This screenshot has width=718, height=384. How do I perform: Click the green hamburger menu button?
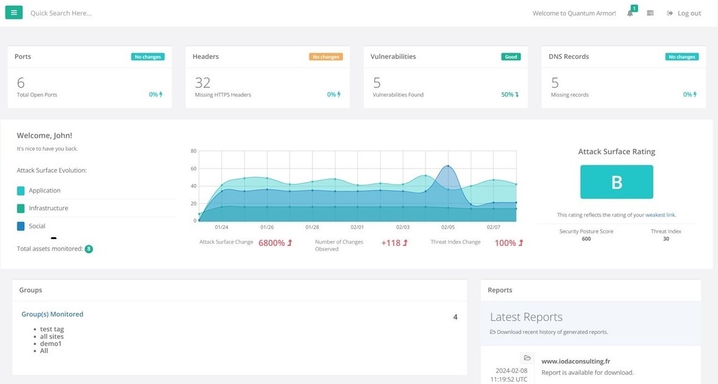click(x=14, y=12)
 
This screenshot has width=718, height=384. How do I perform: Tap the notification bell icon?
click(x=630, y=13)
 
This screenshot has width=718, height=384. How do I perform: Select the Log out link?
click(x=685, y=13)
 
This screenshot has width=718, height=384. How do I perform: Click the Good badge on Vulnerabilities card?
click(x=511, y=57)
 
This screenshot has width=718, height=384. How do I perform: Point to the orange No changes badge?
click(x=326, y=57)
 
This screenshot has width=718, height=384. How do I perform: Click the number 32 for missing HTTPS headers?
click(x=203, y=83)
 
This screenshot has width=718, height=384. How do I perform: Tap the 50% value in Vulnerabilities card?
click(x=507, y=95)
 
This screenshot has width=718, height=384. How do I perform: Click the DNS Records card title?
click(x=569, y=56)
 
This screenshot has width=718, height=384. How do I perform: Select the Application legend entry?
click(x=45, y=191)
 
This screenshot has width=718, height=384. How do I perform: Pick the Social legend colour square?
click(x=21, y=227)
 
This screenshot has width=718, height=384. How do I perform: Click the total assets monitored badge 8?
click(x=89, y=249)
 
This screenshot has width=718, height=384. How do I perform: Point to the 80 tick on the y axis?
click(x=193, y=151)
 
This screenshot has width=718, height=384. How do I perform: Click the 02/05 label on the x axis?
click(x=448, y=227)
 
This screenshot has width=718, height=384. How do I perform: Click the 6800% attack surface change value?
click(x=272, y=243)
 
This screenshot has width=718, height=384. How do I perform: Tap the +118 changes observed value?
click(x=391, y=243)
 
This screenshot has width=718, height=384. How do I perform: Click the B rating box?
click(x=616, y=182)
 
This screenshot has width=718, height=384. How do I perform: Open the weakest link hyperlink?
click(x=660, y=215)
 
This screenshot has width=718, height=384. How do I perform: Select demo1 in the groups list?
click(x=51, y=344)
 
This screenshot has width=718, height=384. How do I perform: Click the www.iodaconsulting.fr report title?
click(x=575, y=361)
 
